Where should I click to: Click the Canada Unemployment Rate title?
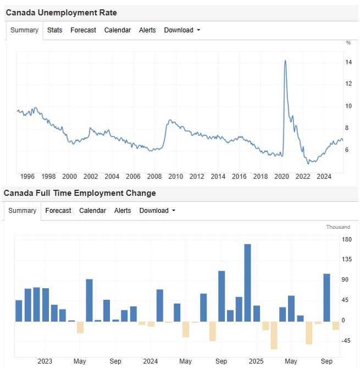[x=61, y=12]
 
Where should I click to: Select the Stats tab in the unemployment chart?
[x=54, y=30]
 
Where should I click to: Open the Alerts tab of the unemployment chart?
[x=147, y=30]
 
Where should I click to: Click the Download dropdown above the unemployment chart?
[x=182, y=30]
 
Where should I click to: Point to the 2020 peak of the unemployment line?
[x=285, y=61]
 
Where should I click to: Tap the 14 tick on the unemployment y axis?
[x=348, y=62]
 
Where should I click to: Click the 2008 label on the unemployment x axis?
[x=154, y=177]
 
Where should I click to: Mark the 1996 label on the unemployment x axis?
[x=27, y=177]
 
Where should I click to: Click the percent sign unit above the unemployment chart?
[x=348, y=42]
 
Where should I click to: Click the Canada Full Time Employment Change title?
[x=80, y=193]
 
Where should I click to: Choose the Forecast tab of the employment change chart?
[x=58, y=211]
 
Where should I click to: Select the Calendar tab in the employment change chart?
[x=92, y=211]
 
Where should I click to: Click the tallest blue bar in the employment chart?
[x=247, y=282]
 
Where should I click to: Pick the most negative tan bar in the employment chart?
[x=274, y=335]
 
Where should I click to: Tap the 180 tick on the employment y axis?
[x=347, y=239]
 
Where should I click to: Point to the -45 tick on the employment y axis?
[x=347, y=341]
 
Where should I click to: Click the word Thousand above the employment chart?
[x=337, y=227]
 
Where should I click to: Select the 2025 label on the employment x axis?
[x=256, y=361]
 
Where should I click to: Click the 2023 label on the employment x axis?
[x=45, y=361]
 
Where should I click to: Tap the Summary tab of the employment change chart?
[x=23, y=211]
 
